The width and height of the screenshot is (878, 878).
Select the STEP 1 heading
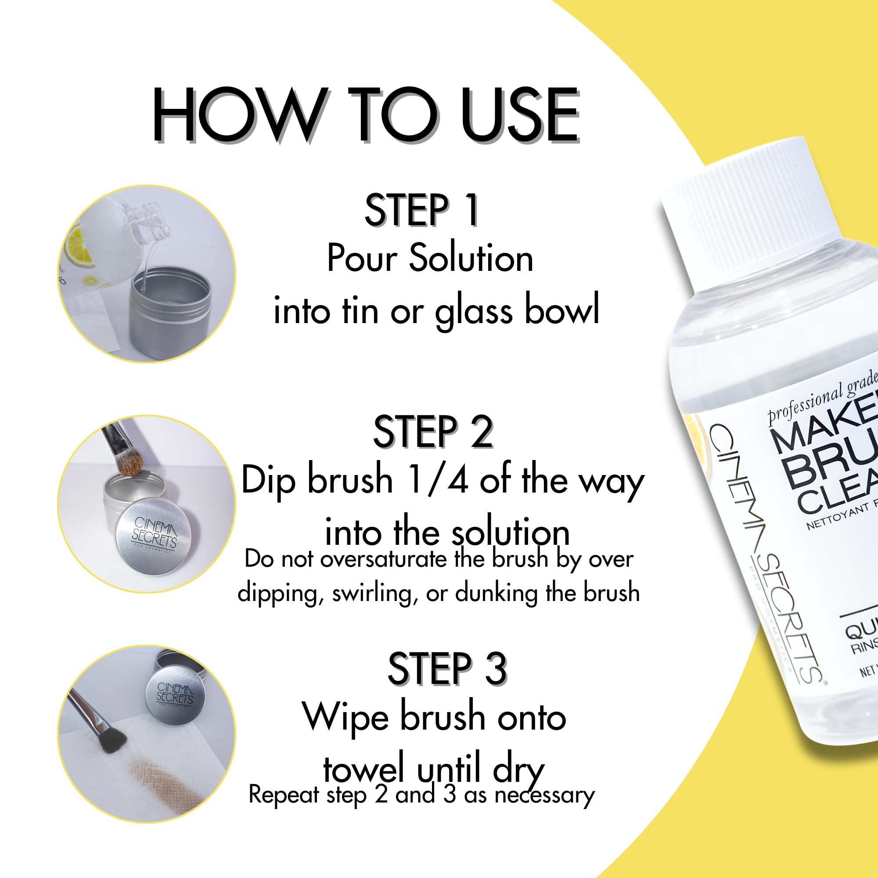(x=421, y=210)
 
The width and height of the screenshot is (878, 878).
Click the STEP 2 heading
(x=433, y=432)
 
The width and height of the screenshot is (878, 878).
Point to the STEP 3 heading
(x=447, y=668)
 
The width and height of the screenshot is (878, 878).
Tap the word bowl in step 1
(x=562, y=310)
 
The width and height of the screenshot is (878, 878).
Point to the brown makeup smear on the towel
(x=155, y=773)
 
